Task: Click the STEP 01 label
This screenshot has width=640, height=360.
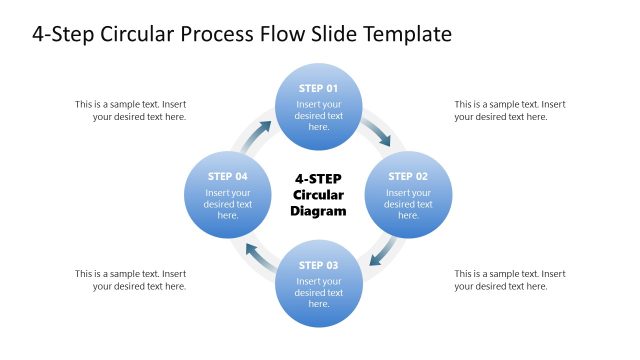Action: pyautogui.click(x=319, y=88)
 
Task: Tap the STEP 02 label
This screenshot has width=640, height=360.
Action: pyautogui.click(x=408, y=176)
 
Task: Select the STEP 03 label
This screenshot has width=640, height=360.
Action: pyautogui.click(x=319, y=265)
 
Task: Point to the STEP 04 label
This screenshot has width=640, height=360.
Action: pyautogui.click(x=227, y=176)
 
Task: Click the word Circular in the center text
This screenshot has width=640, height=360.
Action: pyautogui.click(x=318, y=195)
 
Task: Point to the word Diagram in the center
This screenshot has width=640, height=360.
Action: pyautogui.click(x=318, y=211)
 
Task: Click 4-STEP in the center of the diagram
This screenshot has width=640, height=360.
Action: pyautogui.click(x=318, y=178)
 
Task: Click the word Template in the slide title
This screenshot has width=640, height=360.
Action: pyautogui.click(x=406, y=34)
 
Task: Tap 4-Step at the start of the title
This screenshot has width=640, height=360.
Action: pyautogui.click(x=64, y=34)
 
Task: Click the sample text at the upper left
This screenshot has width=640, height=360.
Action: pyautogui.click(x=130, y=110)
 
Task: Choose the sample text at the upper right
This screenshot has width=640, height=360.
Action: pyautogui.click(x=510, y=110)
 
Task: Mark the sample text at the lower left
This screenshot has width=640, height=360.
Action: pyautogui.click(x=130, y=280)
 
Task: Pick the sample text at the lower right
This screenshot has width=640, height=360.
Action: pyautogui.click(x=510, y=280)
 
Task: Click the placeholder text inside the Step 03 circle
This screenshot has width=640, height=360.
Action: pyautogui.click(x=319, y=293)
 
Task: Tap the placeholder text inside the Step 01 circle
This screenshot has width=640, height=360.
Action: pyautogui.click(x=319, y=115)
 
